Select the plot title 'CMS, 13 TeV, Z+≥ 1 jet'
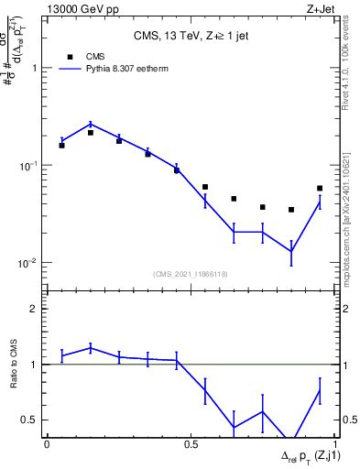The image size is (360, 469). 191,36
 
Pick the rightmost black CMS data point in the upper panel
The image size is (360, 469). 320,189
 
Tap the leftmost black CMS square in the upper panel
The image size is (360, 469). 61,145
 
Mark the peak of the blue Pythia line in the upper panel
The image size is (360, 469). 91,124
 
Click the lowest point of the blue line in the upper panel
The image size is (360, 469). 291,251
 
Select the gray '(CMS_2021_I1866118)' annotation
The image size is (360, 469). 191,273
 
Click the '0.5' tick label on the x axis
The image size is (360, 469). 191,444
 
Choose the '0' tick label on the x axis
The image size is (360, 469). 47,444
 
